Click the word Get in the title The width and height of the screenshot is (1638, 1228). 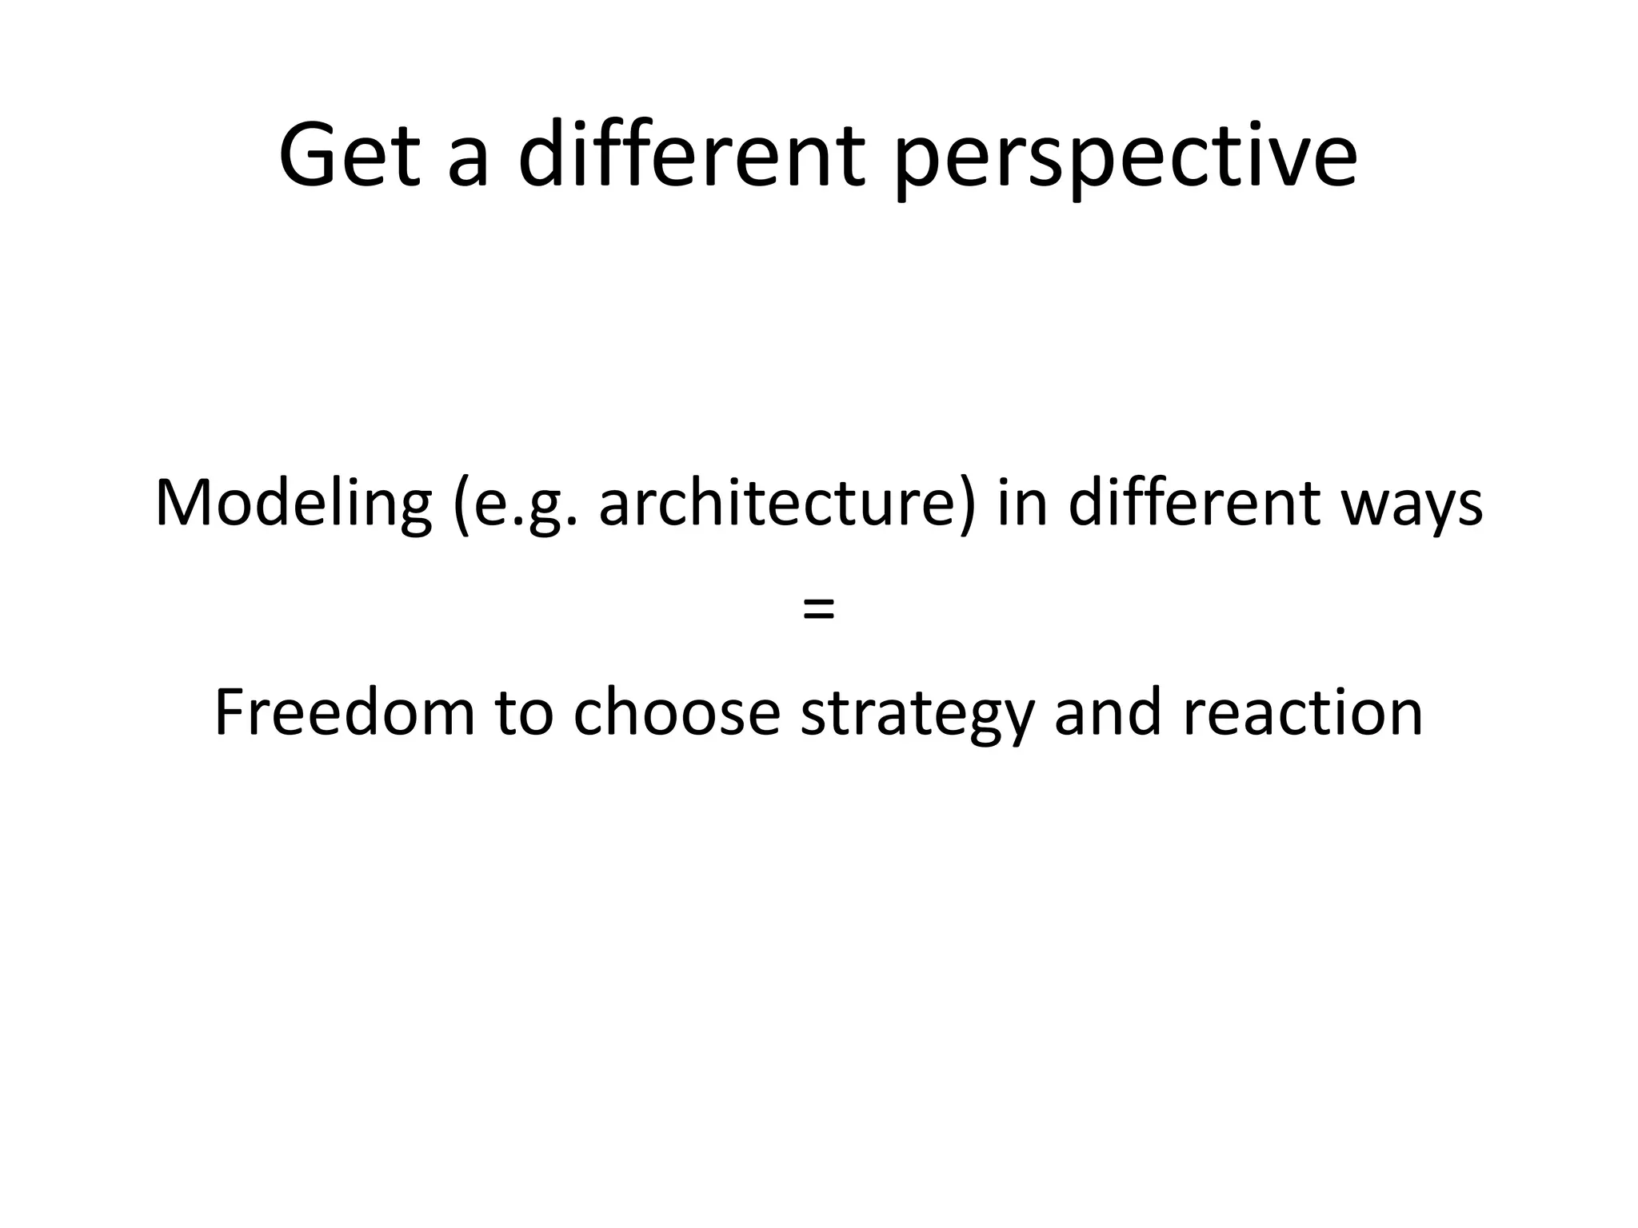[350, 155]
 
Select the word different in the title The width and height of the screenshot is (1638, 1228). [692, 155]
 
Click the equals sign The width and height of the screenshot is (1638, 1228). [818, 610]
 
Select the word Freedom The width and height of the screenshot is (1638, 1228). [345, 712]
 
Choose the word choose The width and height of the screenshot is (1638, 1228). [677, 712]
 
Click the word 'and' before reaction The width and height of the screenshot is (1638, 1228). [1108, 712]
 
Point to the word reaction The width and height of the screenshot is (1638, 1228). [1303, 714]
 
